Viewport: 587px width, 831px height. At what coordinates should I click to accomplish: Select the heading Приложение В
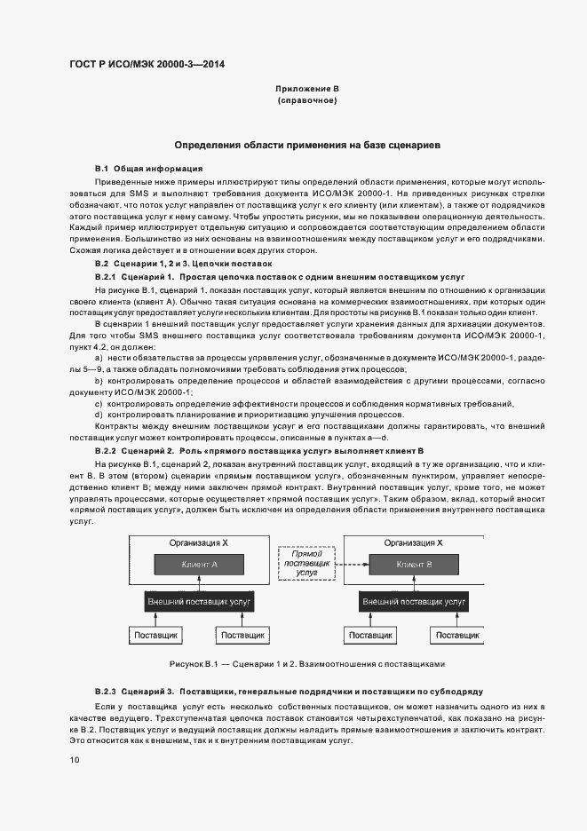306,89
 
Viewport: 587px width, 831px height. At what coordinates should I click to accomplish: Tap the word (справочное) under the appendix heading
306,101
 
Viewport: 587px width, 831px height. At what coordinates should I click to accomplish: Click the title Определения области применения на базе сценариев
306,144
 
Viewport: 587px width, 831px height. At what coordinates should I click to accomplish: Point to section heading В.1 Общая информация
148,168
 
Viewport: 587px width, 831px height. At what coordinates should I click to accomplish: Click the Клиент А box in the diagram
199,564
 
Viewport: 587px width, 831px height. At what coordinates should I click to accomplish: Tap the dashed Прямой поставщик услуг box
306,564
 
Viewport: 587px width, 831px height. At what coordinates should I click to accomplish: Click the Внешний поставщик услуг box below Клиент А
199,602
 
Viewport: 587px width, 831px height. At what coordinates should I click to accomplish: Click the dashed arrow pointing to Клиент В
352,564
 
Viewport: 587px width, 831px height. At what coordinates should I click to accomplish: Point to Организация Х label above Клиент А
199,542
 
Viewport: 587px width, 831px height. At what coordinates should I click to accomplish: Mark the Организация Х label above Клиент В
414,542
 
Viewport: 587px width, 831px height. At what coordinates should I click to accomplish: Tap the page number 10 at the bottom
75,759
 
